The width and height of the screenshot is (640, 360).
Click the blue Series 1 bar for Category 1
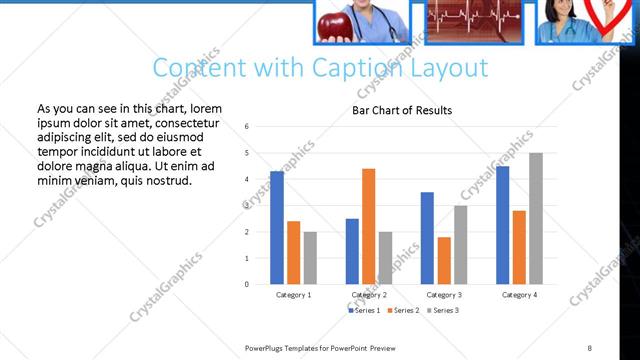click(277, 228)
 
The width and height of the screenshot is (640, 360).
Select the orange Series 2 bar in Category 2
click(368, 226)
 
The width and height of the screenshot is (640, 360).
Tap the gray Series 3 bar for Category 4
click(536, 218)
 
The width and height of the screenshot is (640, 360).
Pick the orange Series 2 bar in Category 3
click(443, 260)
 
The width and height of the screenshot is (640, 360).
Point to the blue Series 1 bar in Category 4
click(502, 225)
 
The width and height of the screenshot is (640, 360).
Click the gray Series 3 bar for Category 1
click(309, 258)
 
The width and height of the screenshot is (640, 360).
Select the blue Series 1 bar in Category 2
click(352, 251)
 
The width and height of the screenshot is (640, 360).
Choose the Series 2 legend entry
click(401, 311)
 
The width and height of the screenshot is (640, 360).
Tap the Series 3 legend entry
click(441, 311)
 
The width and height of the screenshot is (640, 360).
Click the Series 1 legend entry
click(363, 311)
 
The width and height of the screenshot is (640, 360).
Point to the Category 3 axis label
click(443, 295)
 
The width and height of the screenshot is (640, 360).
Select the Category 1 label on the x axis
click(293, 295)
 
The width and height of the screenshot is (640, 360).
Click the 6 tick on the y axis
click(261, 127)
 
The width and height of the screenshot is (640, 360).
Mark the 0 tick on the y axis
click(261, 284)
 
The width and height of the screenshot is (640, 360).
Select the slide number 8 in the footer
click(590, 347)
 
